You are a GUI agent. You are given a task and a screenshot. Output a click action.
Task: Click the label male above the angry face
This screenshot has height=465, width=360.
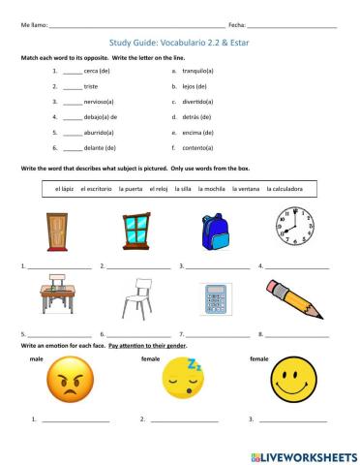click(38, 358)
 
